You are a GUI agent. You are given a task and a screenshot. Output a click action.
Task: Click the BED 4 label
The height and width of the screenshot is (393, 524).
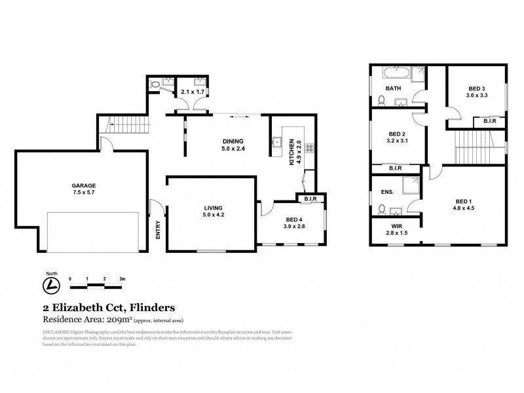[293, 220]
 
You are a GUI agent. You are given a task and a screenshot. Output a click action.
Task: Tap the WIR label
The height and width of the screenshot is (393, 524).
[395, 226]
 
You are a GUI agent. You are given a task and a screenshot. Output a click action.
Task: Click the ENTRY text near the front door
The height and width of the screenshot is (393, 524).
[157, 229]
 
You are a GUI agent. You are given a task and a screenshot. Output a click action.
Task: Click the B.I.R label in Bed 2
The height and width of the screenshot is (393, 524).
[395, 168]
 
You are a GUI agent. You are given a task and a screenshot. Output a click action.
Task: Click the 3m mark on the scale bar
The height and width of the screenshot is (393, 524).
[122, 278]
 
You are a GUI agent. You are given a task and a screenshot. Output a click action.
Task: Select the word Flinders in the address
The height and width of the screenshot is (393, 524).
[149, 307]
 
